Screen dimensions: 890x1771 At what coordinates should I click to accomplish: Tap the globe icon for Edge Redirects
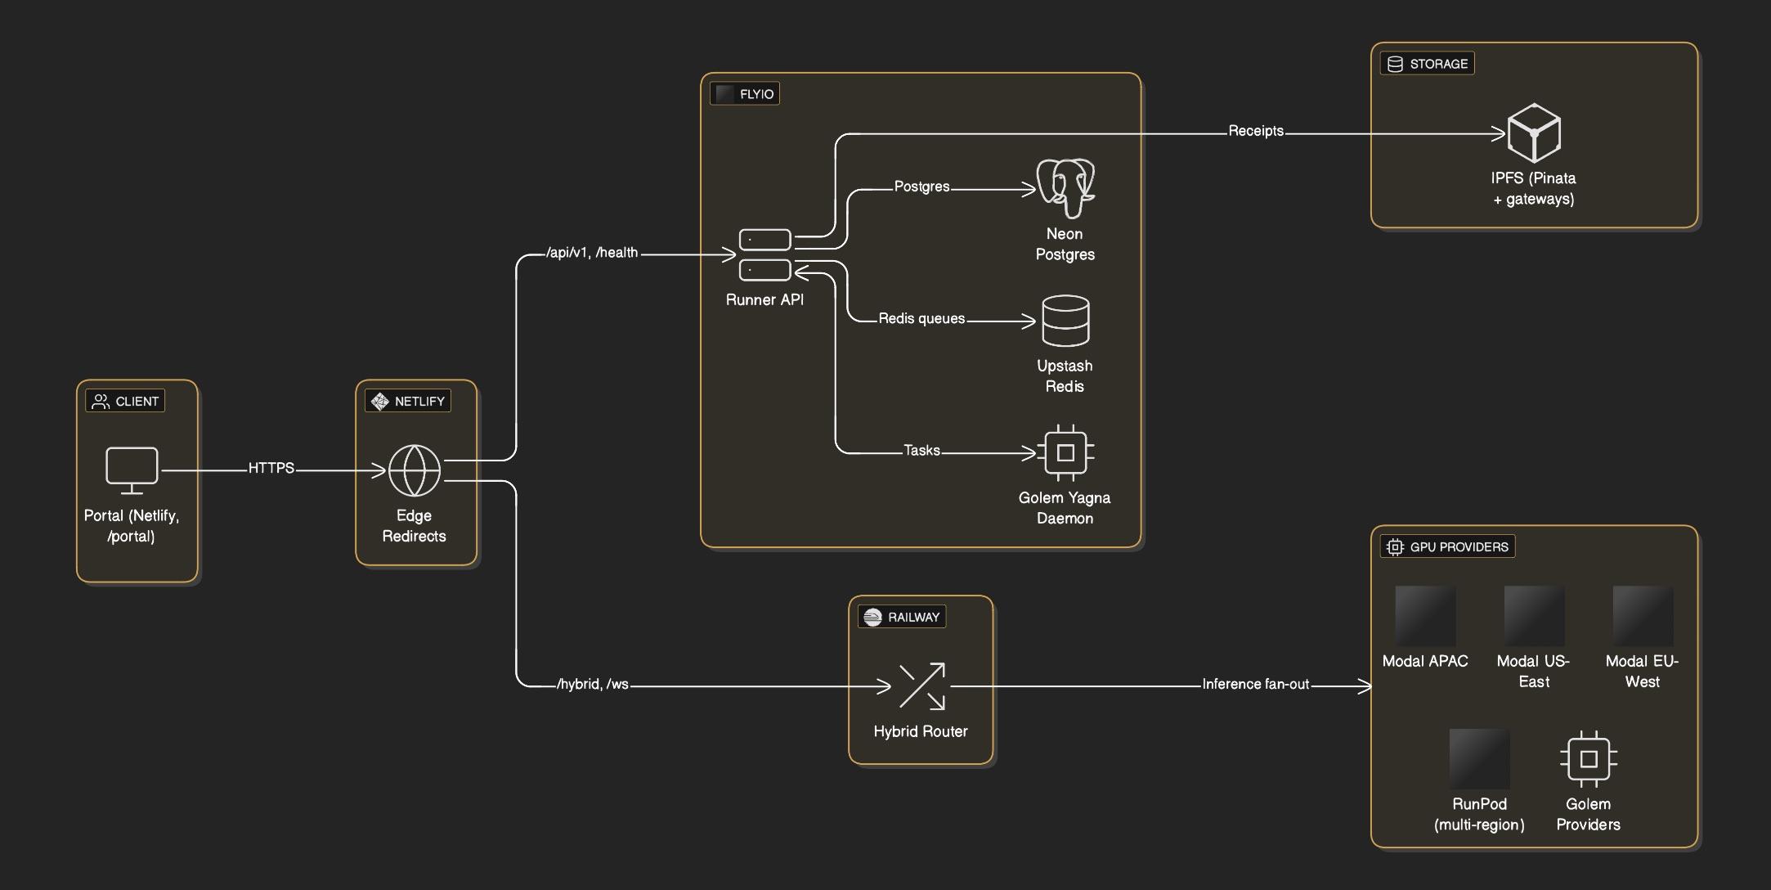click(415, 470)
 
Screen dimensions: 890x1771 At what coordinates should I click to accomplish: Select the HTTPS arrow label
click(271, 468)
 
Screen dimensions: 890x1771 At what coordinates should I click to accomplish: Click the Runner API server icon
click(764, 254)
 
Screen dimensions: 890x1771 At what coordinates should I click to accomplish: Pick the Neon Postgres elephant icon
click(1065, 188)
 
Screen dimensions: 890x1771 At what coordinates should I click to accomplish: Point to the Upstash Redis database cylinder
click(1065, 321)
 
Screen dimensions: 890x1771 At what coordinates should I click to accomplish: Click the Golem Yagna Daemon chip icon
click(1065, 452)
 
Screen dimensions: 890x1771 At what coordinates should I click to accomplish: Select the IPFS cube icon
click(1533, 133)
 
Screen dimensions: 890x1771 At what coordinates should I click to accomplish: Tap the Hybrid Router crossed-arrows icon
click(921, 685)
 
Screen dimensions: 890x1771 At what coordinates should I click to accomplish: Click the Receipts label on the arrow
click(1256, 131)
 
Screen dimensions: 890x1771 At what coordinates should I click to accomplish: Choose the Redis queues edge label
click(921, 318)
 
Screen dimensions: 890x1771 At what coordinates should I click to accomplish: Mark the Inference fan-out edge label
click(1255, 684)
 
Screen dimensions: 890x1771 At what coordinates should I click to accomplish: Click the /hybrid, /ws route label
click(593, 684)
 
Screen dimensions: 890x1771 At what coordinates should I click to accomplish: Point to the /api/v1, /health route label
click(592, 253)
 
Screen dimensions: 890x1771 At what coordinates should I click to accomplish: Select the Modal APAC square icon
click(1424, 615)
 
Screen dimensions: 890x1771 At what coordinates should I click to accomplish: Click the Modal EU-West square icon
click(1642, 615)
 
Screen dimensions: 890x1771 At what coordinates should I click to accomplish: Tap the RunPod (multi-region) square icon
click(1478, 758)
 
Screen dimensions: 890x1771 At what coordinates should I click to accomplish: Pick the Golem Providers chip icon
click(1588, 758)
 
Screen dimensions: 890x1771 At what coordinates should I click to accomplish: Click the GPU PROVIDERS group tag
click(1447, 546)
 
